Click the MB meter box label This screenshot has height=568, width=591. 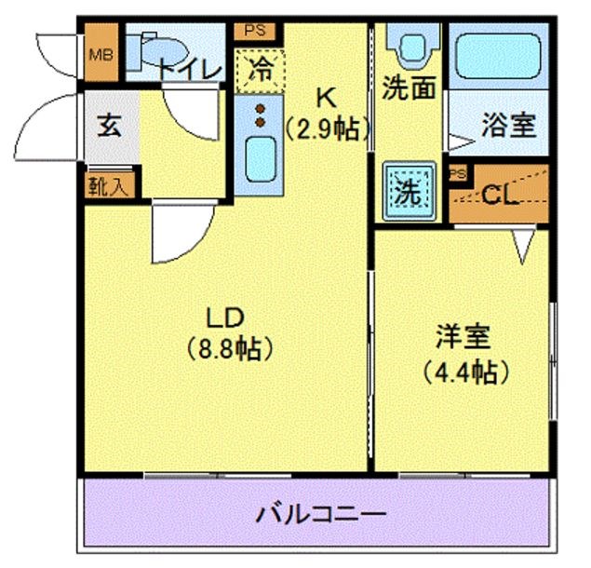click(x=100, y=54)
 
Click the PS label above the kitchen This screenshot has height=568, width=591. click(x=255, y=30)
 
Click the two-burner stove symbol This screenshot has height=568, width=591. click(x=261, y=115)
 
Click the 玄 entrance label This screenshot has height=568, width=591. click(x=110, y=126)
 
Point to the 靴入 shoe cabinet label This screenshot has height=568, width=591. click(x=110, y=184)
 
